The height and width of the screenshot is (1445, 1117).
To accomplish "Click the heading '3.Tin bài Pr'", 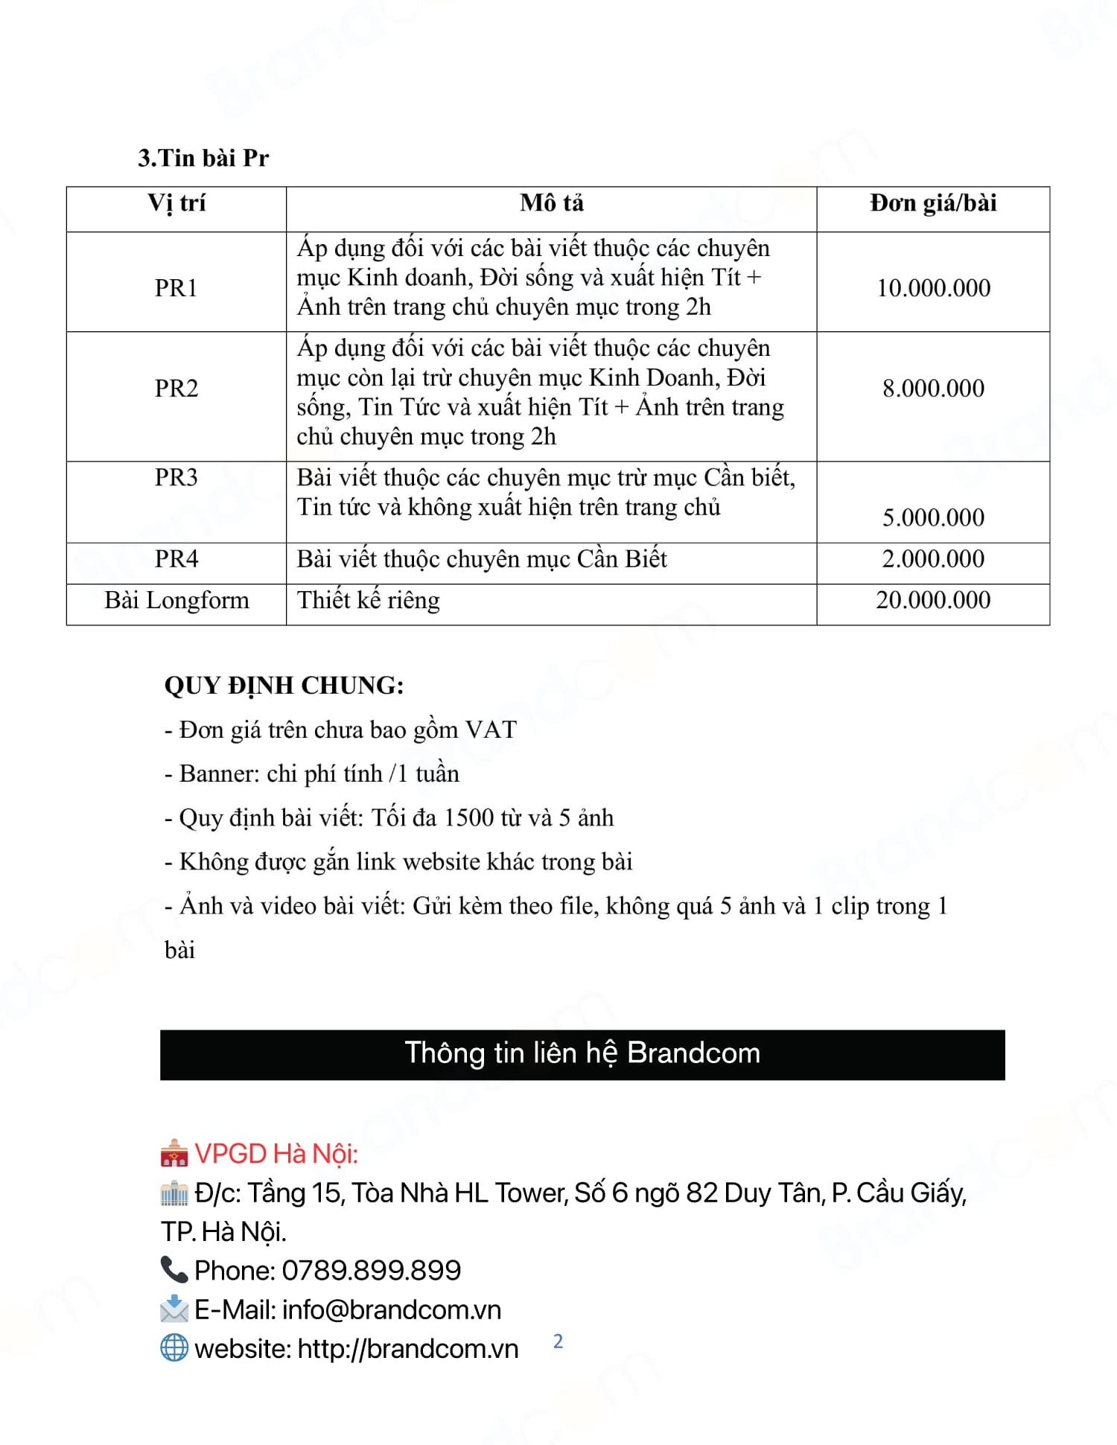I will (x=203, y=158).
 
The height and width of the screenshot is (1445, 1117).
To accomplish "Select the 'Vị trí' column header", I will (x=176, y=203).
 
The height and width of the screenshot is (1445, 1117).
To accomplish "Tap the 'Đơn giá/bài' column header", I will (x=932, y=203).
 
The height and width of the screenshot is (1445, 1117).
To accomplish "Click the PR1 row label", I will (x=176, y=288).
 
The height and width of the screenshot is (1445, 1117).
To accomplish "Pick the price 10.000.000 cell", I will (x=932, y=288).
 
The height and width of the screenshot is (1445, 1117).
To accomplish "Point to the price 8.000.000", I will (x=932, y=388).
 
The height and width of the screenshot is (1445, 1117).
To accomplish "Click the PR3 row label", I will (x=176, y=477).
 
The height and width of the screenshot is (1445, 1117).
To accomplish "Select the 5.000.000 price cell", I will (x=932, y=517).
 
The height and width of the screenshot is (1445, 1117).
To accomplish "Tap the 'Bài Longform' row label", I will (x=176, y=600).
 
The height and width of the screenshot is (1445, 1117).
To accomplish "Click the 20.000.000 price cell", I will (x=932, y=600).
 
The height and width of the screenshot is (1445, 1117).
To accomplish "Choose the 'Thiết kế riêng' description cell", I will (x=369, y=600).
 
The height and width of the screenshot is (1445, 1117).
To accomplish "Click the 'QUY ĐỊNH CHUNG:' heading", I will (x=284, y=686).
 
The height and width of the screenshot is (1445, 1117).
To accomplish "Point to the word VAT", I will (x=491, y=730).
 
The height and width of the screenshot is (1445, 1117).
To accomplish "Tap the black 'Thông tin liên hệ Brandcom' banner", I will (x=582, y=1053).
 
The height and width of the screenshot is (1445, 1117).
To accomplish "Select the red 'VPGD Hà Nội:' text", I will (x=276, y=1153).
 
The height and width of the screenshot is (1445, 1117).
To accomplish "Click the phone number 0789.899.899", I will (x=372, y=1270).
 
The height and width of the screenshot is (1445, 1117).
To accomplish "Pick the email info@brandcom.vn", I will (x=392, y=1310).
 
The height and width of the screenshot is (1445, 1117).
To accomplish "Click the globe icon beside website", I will (x=174, y=1347).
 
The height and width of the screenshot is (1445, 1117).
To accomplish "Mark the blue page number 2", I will (x=558, y=1342).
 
